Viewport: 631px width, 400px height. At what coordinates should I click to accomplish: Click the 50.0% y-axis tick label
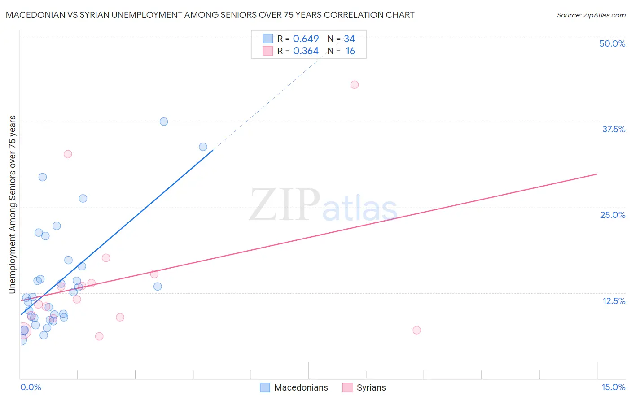pos(612,43)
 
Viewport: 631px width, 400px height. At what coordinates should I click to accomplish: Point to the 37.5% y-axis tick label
pos(613,129)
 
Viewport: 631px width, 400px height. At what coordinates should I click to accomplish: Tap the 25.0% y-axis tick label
pos(613,215)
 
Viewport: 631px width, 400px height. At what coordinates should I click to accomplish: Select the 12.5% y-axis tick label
pos(613,301)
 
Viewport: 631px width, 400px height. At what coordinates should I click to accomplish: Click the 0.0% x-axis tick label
pos(31,387)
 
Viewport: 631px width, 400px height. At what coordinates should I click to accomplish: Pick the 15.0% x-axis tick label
pos(613,387)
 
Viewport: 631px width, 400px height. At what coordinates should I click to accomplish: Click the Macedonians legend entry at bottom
pos(301,387)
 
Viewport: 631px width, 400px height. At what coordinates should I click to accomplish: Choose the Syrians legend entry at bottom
pos(371,387)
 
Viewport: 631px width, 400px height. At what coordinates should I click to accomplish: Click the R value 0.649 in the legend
pos(306,39)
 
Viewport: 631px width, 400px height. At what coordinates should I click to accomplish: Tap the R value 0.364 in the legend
pos(306,51)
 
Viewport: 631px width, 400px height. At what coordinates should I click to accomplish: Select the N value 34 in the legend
pos(349,39)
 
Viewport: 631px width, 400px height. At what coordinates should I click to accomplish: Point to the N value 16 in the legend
pos(350,51)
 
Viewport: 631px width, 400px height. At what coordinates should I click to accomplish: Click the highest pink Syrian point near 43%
pos(355,85)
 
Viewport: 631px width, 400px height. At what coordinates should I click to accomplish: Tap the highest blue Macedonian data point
pos(164,122)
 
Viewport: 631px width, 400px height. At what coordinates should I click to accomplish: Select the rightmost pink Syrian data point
pos(416,330)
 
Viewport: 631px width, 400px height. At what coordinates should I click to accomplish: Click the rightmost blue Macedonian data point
pos(203,147)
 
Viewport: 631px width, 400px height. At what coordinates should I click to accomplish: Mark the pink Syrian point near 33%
pos(68,154)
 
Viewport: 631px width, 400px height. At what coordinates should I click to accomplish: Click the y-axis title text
pos(12,204)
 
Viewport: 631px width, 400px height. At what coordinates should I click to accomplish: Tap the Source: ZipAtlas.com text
pos(591,15)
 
